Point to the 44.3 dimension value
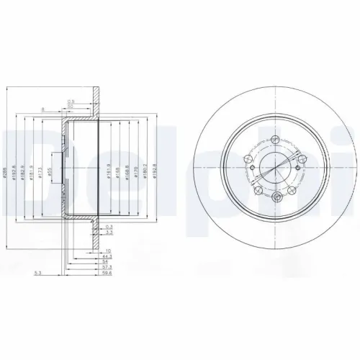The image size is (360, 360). [x=107, y=256]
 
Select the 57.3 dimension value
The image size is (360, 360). [x=106, y=267]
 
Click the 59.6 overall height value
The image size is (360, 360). [x=106, y=274]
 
